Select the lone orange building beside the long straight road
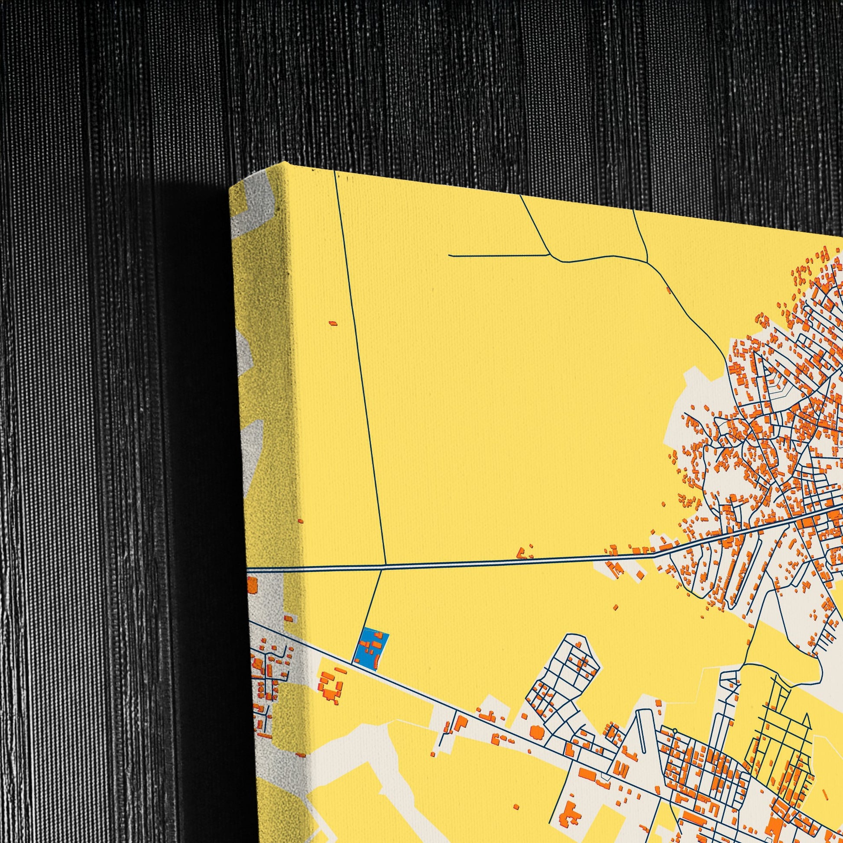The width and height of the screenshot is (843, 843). [333, 323]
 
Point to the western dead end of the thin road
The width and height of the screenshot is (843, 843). [449, 256]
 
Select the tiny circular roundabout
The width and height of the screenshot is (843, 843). [674, 730]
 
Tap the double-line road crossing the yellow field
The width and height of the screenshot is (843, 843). [502, 552]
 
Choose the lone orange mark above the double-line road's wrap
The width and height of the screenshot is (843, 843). [300, 521]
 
